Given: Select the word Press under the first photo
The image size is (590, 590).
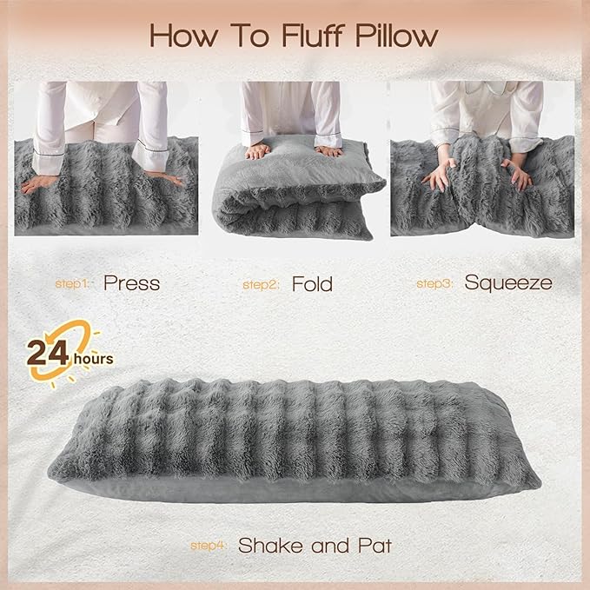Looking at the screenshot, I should pos(131,282).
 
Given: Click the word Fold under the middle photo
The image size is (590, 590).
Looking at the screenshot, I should pos(312,282).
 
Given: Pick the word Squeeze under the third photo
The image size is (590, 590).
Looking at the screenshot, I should pos(507,282).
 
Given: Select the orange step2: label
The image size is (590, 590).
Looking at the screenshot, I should pos(260,283).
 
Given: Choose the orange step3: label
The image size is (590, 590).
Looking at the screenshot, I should pos(435,283).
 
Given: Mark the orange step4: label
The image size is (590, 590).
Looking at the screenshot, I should pos(209,547).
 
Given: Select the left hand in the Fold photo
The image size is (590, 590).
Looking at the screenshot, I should pos(258,150).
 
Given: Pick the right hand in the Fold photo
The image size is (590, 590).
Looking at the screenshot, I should pos(328,150).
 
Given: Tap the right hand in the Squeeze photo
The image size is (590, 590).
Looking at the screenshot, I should pos(517,174).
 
